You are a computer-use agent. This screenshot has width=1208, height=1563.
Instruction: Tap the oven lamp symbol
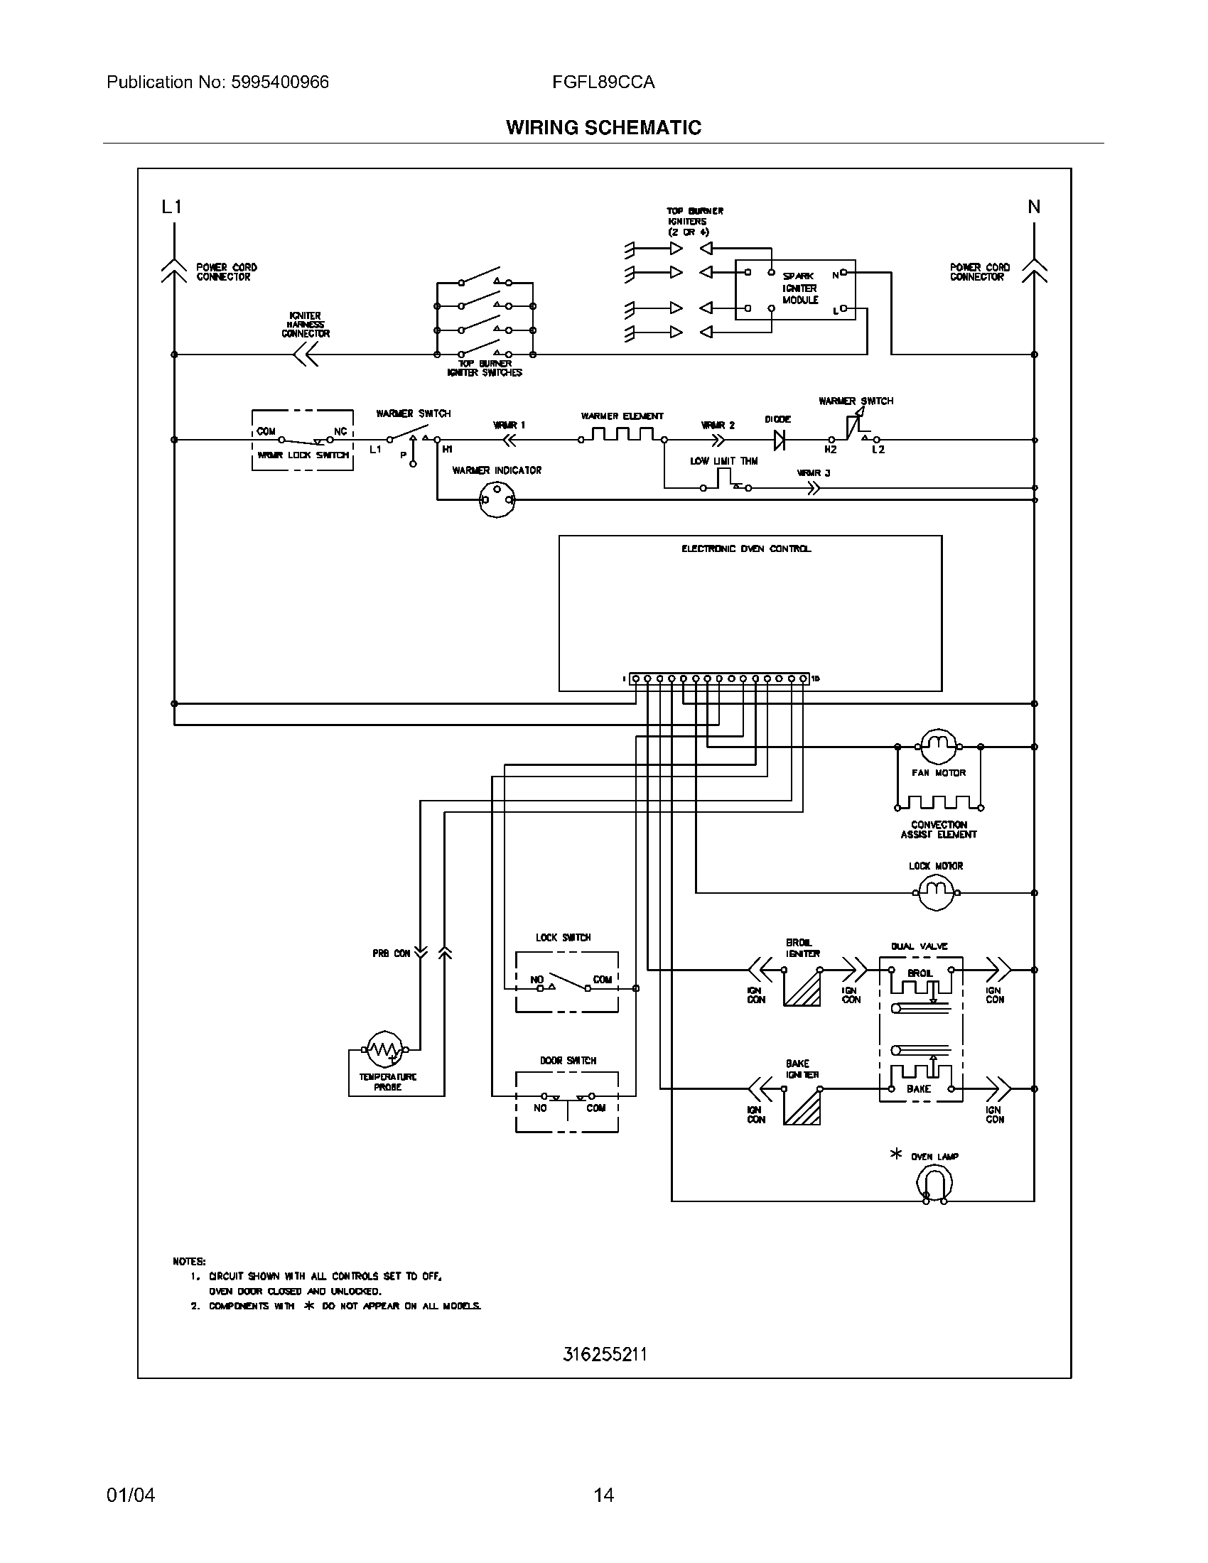tap(934, 1183)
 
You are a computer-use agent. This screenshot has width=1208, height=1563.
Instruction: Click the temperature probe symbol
tap(384, 1049)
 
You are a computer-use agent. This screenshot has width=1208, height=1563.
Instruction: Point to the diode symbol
tap(780, 440)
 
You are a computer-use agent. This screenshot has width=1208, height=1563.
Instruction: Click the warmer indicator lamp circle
tap(496, 499)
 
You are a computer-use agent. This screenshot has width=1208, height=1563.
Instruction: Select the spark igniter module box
tap(795, 289)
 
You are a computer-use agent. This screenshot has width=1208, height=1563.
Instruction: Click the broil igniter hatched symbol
tap(802, 987)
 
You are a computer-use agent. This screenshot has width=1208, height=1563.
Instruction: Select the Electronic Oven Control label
tap(745, 549)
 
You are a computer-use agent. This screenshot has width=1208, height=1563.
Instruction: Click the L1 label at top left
tap(172, 207)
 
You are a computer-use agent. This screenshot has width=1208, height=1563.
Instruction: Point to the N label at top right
tap(1034, 207)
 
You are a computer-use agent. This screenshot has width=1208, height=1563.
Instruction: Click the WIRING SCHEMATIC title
tap(603, 127)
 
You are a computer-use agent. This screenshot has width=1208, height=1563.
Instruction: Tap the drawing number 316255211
tap(605, 1354)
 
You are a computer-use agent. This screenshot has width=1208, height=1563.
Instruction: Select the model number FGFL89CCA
tap(603, 82)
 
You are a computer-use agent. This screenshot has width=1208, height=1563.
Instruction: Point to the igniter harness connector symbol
tap(307, 355)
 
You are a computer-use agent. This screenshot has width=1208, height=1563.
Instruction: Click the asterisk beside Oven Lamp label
tap(895, 1154)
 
